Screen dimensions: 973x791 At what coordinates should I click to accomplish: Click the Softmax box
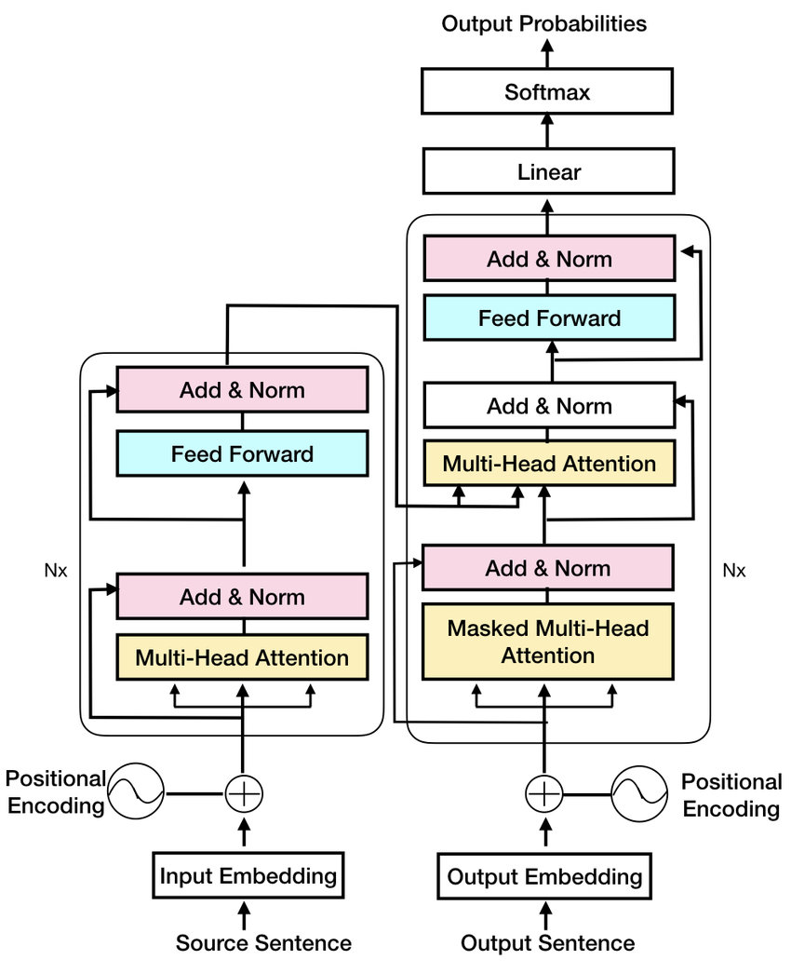pos(547,92)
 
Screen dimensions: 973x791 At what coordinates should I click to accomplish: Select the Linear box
pos(547,171)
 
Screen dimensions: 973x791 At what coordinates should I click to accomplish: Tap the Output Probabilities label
pos(544,23)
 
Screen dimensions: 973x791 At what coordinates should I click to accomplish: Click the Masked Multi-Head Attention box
pos(547,642)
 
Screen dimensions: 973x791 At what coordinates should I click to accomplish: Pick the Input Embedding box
pos(248,875)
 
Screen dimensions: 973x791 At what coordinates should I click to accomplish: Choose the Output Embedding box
pos(544,876)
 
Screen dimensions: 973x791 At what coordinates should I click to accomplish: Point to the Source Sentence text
pos(263,943)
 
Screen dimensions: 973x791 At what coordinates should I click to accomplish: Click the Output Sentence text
pos(547,943)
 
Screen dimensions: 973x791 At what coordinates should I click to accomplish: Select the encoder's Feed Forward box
pos(242,454)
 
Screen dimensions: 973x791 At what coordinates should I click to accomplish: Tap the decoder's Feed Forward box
pos(548,318)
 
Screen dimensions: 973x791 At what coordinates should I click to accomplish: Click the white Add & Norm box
pos(548,406)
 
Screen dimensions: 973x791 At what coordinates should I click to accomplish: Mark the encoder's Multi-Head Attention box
pos(242,658)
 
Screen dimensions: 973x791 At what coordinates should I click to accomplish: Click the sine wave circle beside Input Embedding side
pos(136,792)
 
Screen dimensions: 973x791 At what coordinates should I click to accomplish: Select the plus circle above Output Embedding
pos(544,793)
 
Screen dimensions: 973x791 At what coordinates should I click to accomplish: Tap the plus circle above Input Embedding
pos(245,793)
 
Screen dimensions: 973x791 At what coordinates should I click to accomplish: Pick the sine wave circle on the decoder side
pos(638,793)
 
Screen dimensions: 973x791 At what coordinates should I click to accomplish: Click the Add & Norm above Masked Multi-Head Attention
pos(548,568)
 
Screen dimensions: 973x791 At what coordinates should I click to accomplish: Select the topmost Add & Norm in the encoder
pos(242,389)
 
